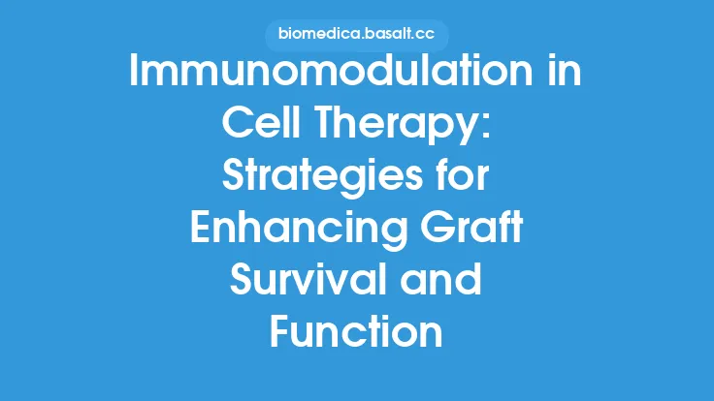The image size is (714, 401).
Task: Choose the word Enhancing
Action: coord(294,230)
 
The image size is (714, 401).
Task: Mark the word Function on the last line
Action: coord(356,332)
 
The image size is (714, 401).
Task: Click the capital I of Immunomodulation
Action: coord(136,74)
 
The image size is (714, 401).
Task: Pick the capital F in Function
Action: coord(279,332)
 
